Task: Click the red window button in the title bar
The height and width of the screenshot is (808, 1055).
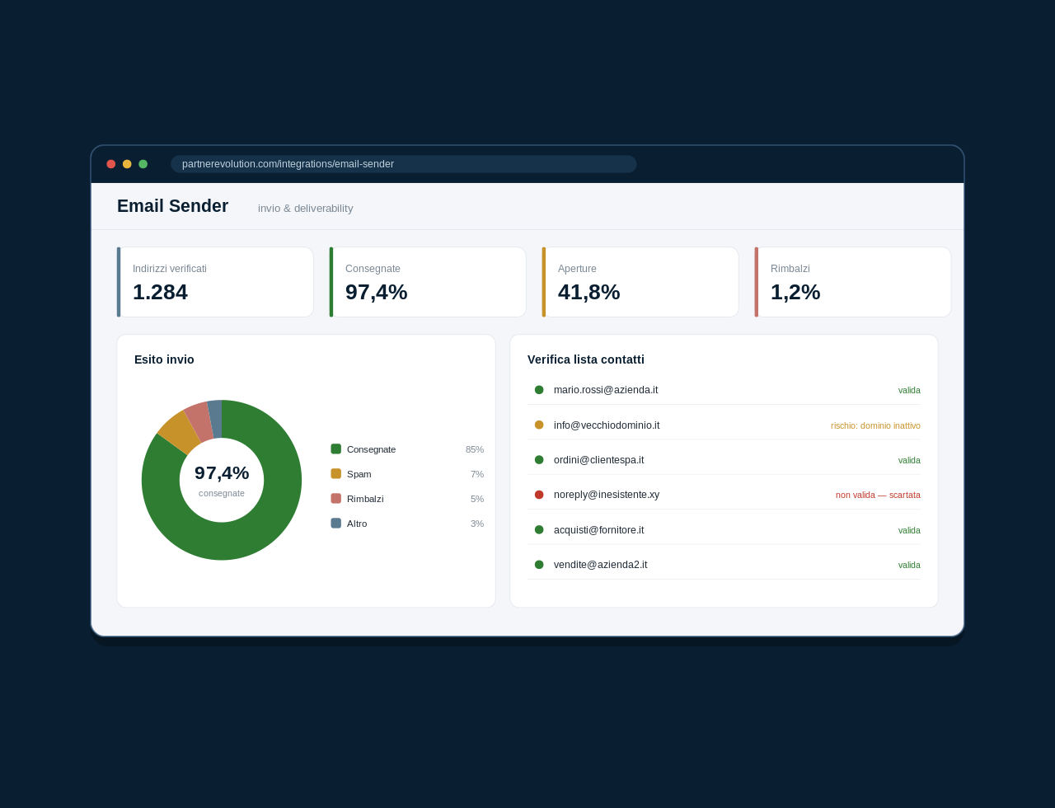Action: pos(111,164)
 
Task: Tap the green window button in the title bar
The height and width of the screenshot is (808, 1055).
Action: pos(143,164)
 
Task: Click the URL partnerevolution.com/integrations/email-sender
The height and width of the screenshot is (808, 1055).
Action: pos(288,164)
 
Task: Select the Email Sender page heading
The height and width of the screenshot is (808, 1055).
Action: pos(172,206)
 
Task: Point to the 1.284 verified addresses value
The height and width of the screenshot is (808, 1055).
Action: pos(160,292)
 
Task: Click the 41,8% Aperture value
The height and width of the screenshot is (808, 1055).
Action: pos(588,292)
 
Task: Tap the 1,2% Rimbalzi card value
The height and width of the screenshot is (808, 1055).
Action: pos(795,292)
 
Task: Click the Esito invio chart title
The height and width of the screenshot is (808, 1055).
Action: pos(164,359)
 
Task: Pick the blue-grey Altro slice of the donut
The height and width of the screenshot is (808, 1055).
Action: pos(215,419)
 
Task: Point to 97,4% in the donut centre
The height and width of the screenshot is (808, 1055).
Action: pos(222,473)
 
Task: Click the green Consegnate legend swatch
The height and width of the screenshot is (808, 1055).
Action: pos(336,449)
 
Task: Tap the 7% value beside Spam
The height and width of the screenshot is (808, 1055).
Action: pos(477,474)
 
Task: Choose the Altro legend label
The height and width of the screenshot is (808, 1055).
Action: pos(357,524)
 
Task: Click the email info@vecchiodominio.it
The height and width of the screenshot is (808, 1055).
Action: pos(607,425)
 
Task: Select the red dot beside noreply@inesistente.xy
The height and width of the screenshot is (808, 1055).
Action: pos(539,495)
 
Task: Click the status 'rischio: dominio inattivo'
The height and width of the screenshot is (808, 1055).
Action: pos(875,426)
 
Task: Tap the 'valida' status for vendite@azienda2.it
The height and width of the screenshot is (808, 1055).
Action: pos(909,566)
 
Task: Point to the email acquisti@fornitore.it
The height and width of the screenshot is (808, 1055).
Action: pos(598,530)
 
